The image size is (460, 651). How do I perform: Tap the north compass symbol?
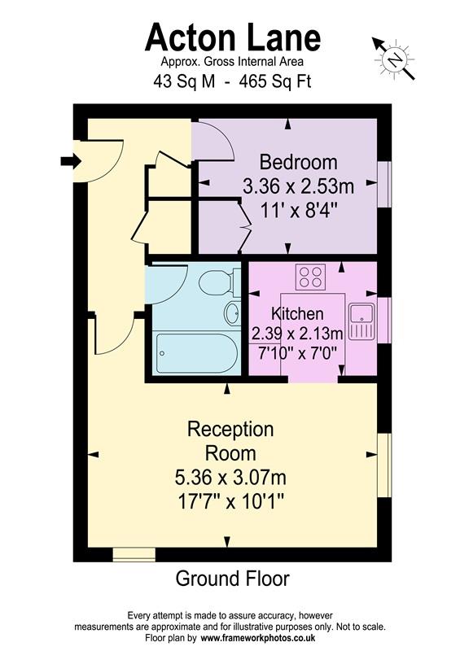click(395, 58)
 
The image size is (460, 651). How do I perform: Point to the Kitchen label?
click(297, 314)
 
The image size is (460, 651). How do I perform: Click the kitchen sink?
click(360, 321)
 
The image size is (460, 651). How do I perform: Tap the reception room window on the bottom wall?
click(133, 555)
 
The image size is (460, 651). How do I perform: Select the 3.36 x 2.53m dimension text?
click(298, 186)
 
